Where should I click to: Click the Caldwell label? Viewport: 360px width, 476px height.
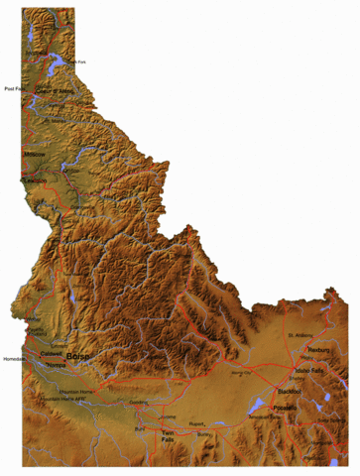(52, 353)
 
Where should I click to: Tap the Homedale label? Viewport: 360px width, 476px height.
(14, 358)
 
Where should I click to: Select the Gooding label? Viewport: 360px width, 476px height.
(166, 403)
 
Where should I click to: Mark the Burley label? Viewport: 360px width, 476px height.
(204, 434)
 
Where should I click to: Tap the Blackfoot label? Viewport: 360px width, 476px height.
(290, 392)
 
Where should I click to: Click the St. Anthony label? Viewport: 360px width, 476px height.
(300, 335)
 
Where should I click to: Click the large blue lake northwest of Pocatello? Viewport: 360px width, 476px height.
(250, 404)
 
